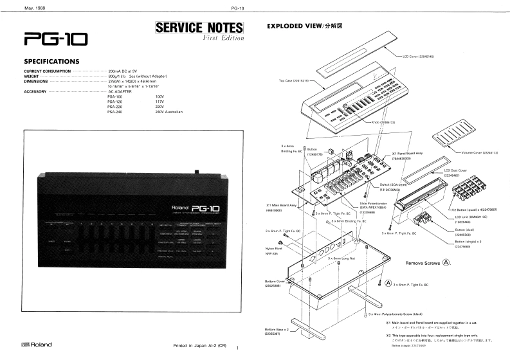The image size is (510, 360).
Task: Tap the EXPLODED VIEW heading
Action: point(303,28)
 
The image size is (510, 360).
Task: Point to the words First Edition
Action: point(222,39)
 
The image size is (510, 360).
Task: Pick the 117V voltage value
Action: point(161,101)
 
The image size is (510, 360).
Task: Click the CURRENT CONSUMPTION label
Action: point(47,71)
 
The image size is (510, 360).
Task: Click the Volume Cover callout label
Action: point(480,152)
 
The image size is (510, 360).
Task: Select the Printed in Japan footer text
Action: point(200,346)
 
